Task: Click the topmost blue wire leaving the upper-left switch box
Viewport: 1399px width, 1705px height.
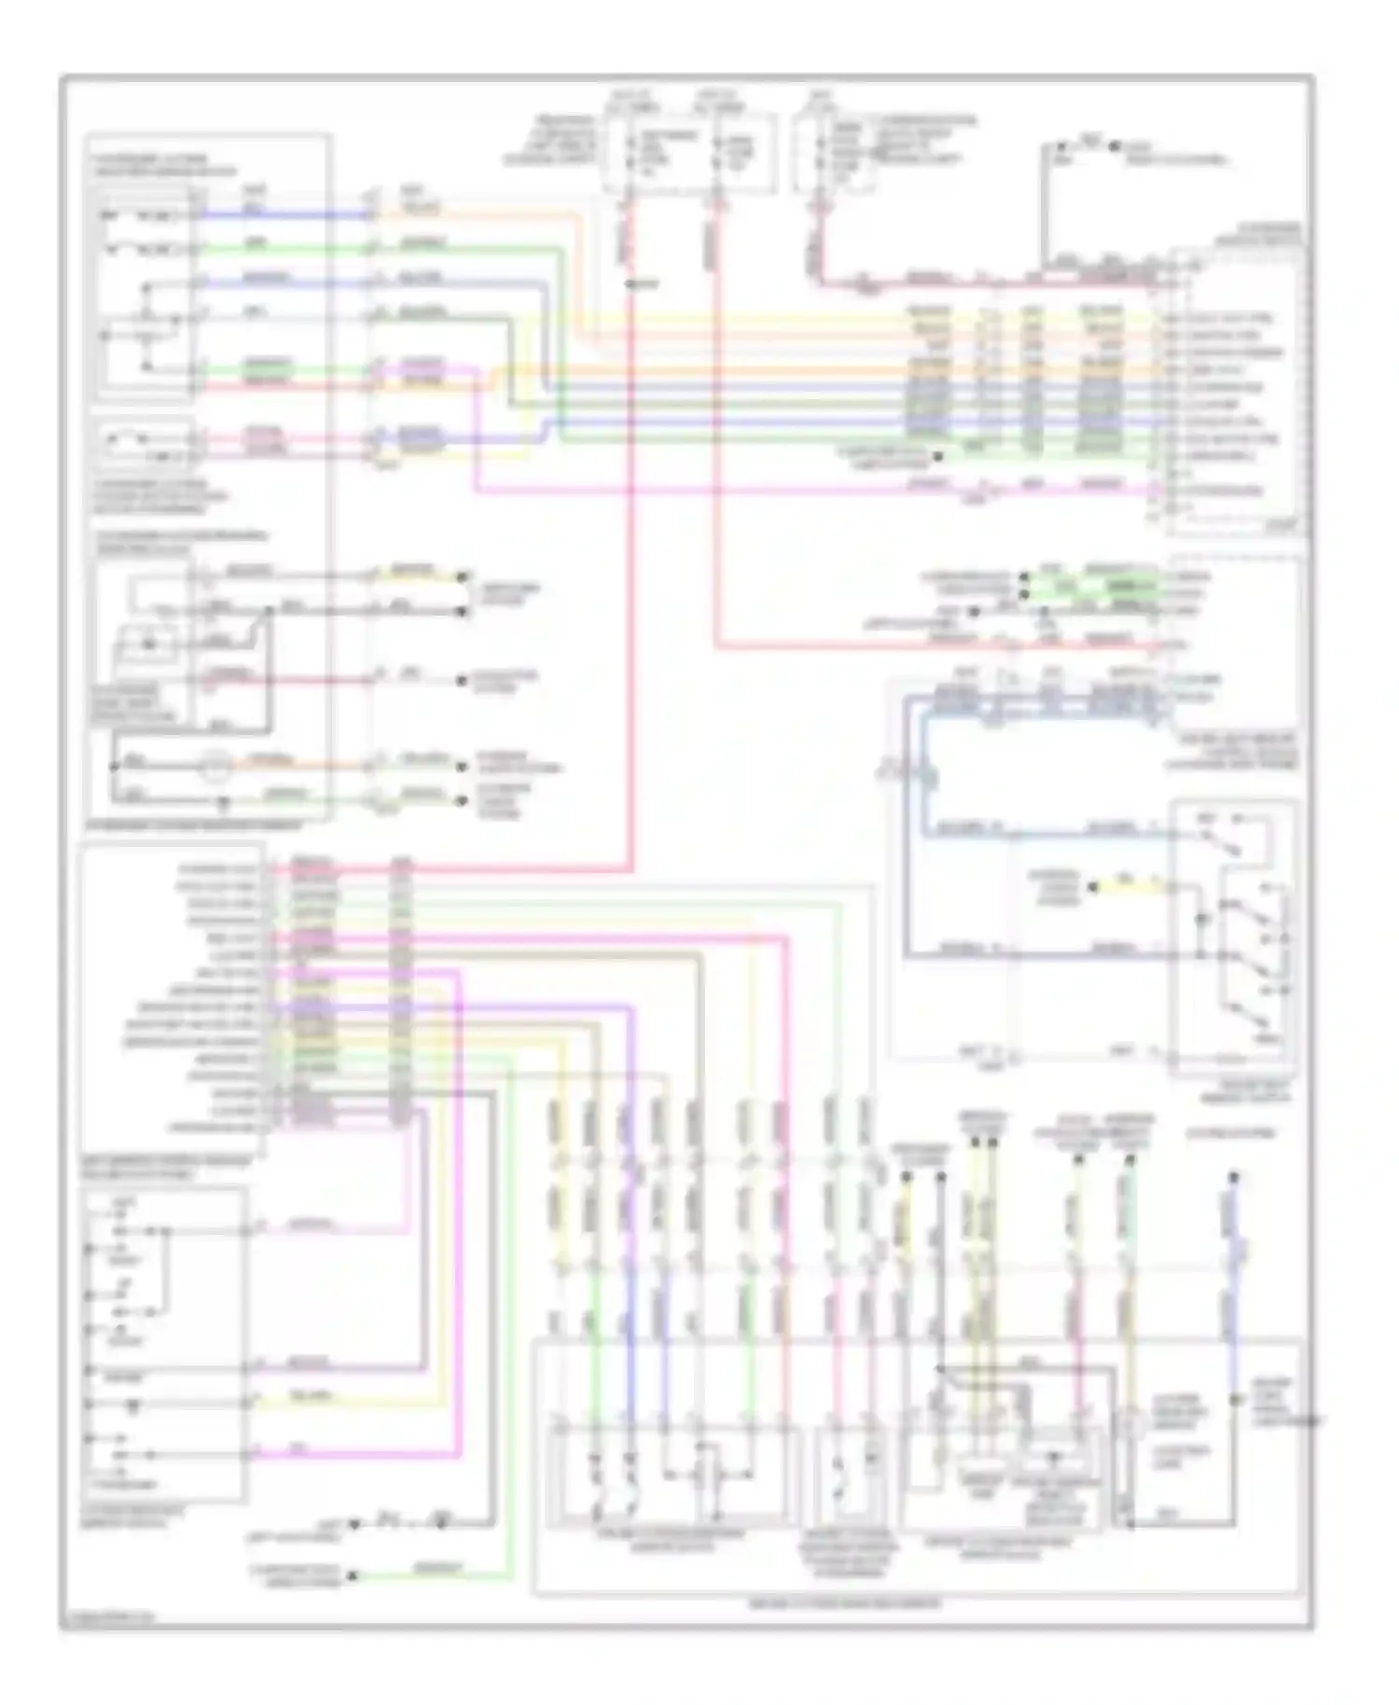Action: coord(280,215)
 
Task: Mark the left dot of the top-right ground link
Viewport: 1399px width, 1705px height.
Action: coord(1060,146)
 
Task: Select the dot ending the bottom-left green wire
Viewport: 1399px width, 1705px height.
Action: coord(353,1576)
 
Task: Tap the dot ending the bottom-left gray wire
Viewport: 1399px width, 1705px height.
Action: coord(353,1526)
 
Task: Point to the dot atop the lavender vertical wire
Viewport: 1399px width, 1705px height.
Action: coord(1233,1176)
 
